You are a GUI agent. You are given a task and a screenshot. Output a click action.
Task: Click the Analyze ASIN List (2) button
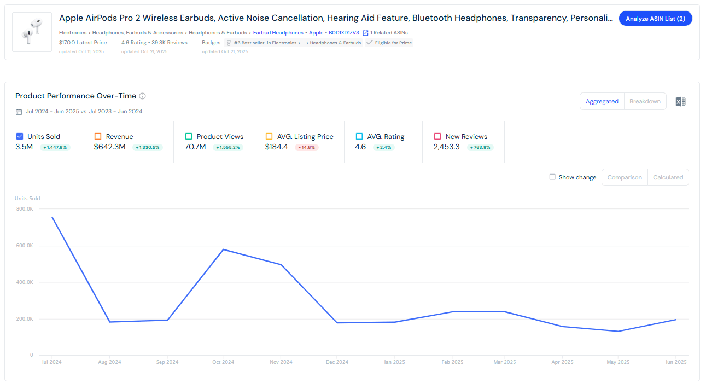(655, 19)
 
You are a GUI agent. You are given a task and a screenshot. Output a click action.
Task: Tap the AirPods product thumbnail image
(32, 32)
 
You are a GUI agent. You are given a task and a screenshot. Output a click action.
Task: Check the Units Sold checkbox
(20, 136)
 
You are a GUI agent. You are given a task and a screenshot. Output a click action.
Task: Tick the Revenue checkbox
(98, 136)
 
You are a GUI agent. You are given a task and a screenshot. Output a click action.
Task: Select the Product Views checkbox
(189, 136)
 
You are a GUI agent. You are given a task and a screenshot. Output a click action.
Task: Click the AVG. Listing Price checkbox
(269, 136)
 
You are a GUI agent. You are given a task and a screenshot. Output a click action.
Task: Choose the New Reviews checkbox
(437, 136)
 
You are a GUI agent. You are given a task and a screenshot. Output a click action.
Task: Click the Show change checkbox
(552, 177)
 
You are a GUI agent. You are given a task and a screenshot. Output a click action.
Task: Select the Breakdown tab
(645, 101)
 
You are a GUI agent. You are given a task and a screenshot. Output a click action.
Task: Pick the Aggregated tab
(602, 101)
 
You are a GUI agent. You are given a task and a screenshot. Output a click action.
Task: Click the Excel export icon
(680, 101)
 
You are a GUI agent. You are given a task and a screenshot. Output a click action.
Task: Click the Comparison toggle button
(625, 177)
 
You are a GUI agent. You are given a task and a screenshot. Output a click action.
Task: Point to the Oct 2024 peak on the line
(224, 249)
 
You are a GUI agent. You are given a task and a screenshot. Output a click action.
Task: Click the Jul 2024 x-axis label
(52, 362)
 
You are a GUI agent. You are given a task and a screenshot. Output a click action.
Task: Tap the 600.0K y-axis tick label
(24, 246)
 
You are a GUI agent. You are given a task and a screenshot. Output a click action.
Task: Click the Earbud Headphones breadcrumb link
(278, 33)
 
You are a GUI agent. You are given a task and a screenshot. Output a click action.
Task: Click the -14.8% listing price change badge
(306, 147)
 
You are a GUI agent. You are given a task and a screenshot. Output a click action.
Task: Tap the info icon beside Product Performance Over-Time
(142, 96)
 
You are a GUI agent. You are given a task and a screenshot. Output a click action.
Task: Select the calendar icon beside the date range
(19, 112)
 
